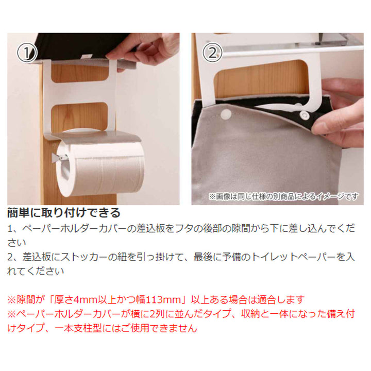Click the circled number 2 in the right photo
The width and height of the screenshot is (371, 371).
coord(211,53)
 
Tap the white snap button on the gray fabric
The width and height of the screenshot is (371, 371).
coord(226,113)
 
